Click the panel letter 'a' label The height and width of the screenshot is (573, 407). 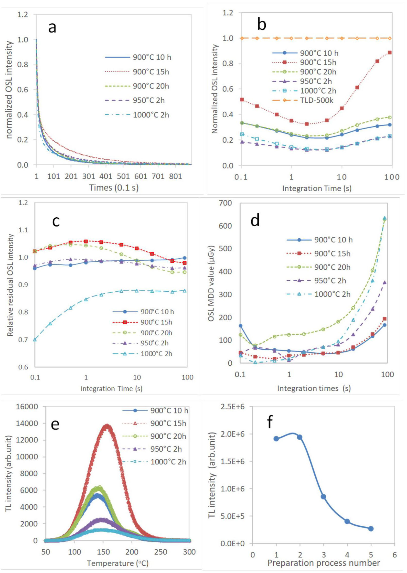pyautogui.click(x=52, y=27)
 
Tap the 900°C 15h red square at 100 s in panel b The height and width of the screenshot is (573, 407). pyautogui.click(x=390, y=52)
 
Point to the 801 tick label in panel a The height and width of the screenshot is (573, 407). pyautogui.click(x=175, y=176)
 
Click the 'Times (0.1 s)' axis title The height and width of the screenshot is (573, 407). pyautogui.click(x=114, y=188)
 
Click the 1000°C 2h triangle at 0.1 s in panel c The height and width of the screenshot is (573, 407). pyautogui.click(x=35, y=339)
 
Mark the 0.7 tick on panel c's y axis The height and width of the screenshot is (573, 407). pyautogui.click(x=23, y=340)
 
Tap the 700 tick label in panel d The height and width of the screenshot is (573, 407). pyautogui.click(x=225, y=203)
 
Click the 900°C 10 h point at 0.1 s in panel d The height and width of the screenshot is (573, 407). pyautogui.click(x=240, y=326)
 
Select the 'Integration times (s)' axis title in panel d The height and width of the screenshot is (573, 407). pyautogui.click(x=314, y=388)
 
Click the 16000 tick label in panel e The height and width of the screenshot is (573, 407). pyautogui.click(x=27, y=407)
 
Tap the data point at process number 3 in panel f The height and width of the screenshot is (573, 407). pyautogui.click(x=323, y=497)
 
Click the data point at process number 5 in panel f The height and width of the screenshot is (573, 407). pyautogui.click(x=371, y=529)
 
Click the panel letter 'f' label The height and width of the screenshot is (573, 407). pyautogui.click(x=270, y=422)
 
